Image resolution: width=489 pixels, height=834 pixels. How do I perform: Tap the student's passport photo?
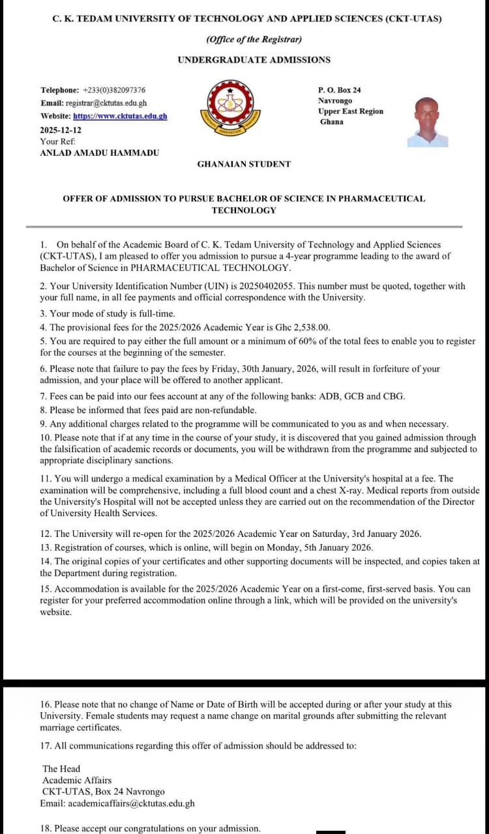[427, 122]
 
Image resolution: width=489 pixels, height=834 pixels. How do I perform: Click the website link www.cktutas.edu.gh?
[120, 116]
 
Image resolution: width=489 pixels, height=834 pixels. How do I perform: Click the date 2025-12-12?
[61, 130]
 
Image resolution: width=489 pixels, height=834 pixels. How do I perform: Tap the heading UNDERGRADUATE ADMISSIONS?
[254, 60]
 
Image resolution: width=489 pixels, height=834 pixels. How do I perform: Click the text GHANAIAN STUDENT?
[244, 164]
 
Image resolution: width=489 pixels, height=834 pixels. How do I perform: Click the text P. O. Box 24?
[339, 90]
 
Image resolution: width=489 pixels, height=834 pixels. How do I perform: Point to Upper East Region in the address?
[350, 111]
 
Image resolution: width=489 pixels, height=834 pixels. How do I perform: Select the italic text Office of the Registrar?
[254, 39]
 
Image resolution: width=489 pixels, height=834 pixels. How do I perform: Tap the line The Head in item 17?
[61, 769]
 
